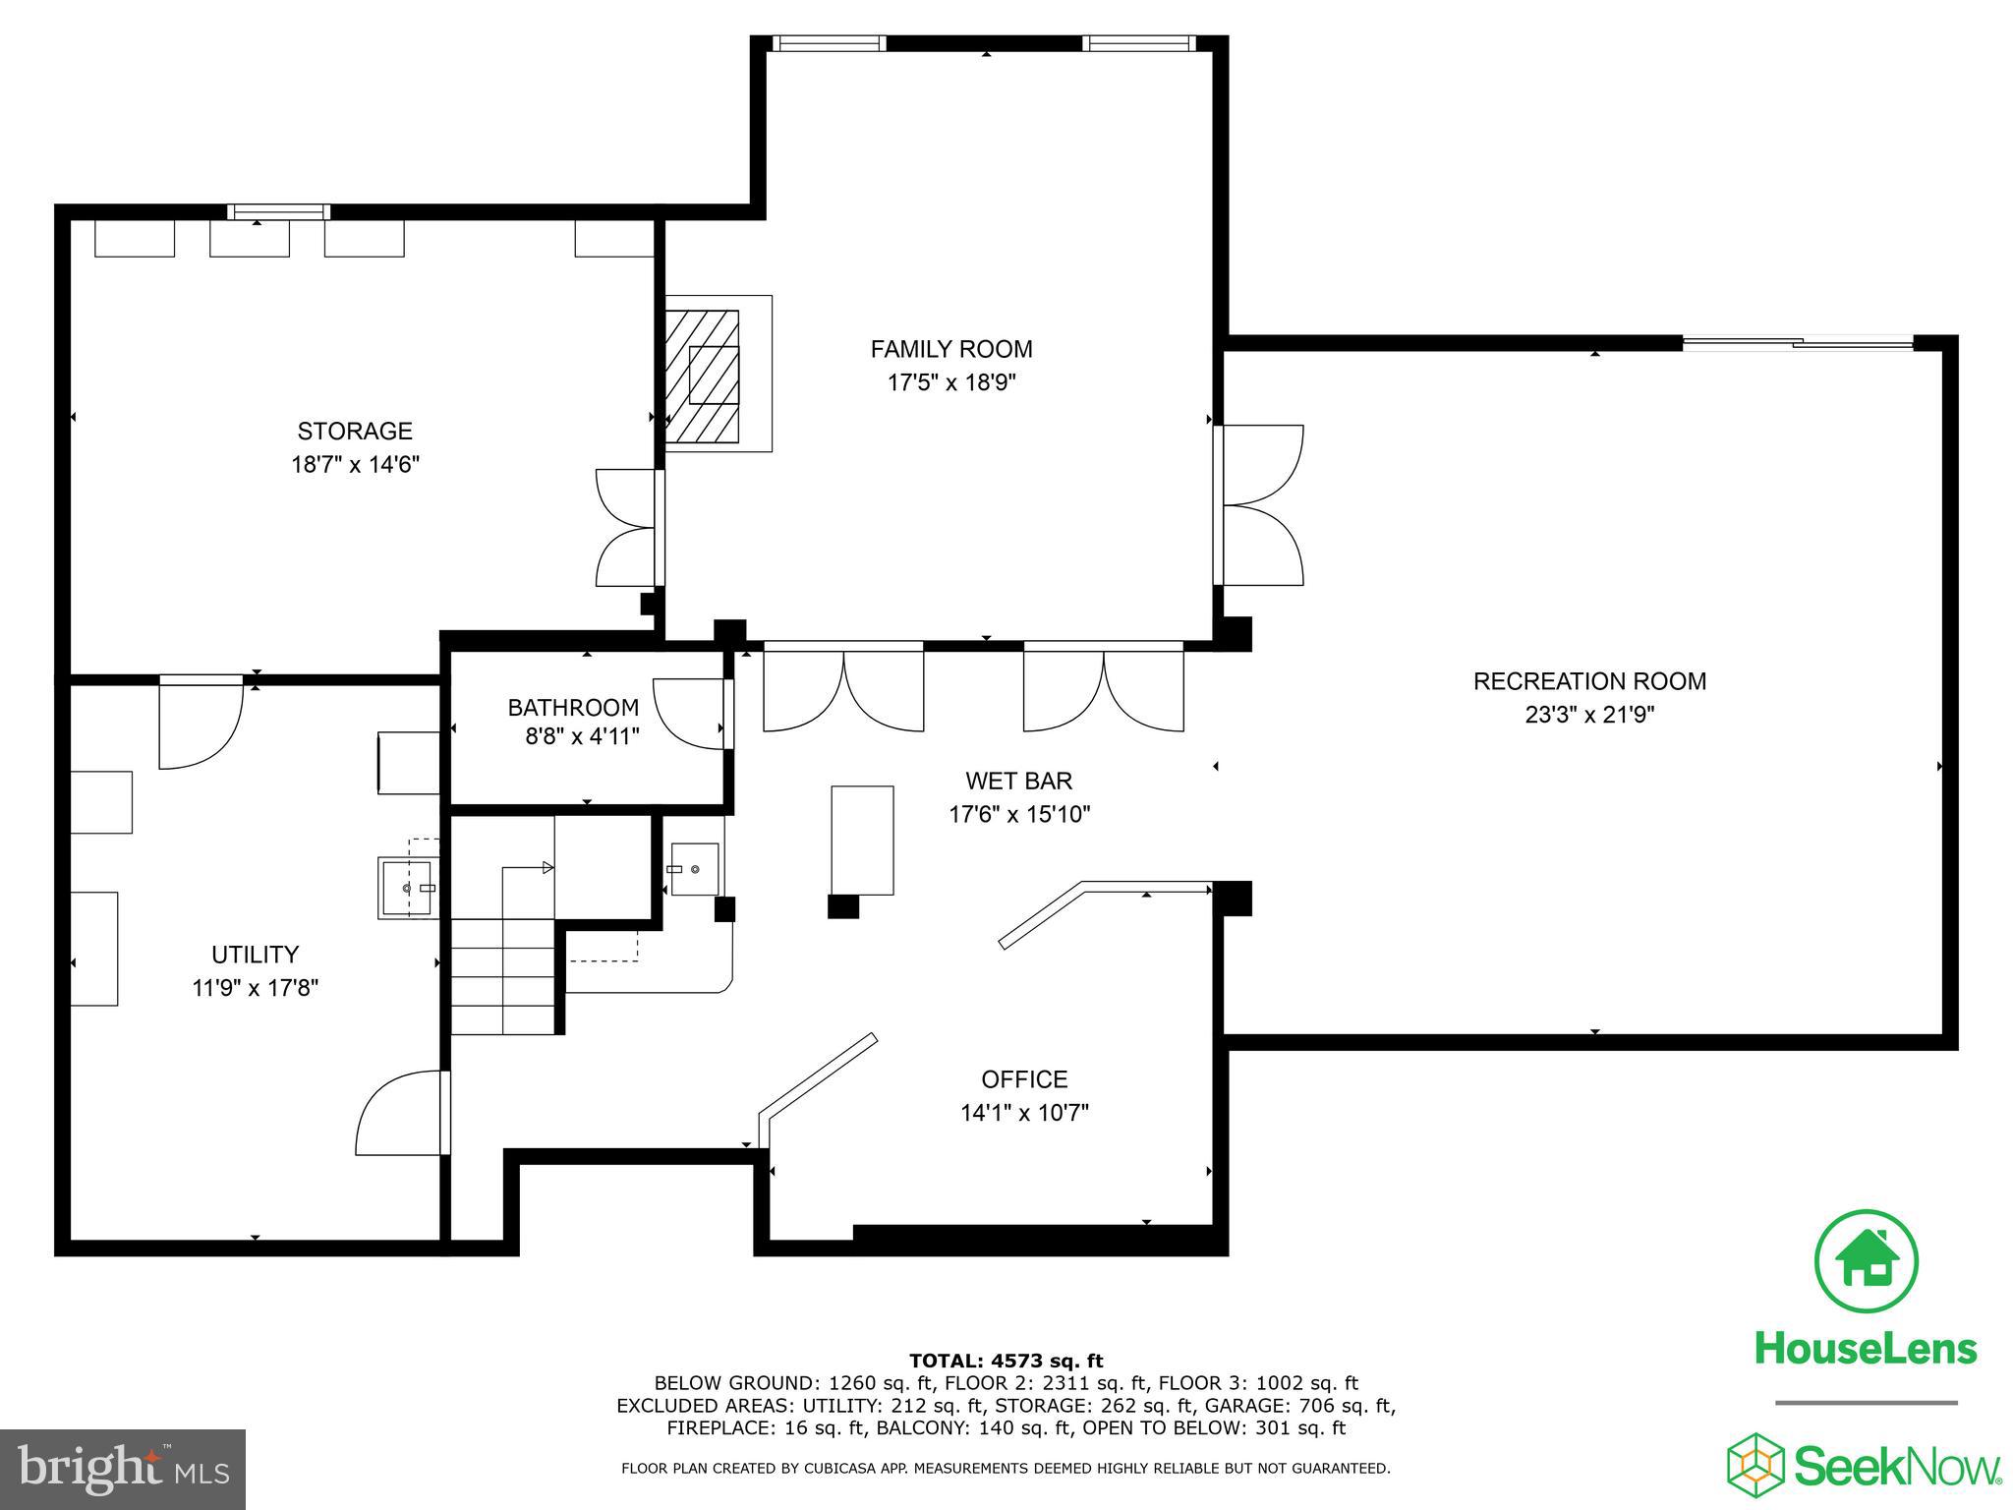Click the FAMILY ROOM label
[950, 349]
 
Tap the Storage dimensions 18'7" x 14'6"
[355, 464]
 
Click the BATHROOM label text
[573, 707]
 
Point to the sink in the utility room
[407, 887]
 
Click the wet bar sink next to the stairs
[695, 869]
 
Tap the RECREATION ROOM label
[1589, 681]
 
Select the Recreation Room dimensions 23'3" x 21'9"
[1589, 715]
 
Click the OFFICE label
[1024, 1079]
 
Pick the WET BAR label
[1018, 781]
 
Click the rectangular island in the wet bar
[862, 840]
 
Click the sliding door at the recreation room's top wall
[1798, 343]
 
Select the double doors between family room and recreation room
[1262, 505]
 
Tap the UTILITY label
[255, 955]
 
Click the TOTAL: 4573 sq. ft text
[1006, 1361]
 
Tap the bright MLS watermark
[123, 1469]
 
